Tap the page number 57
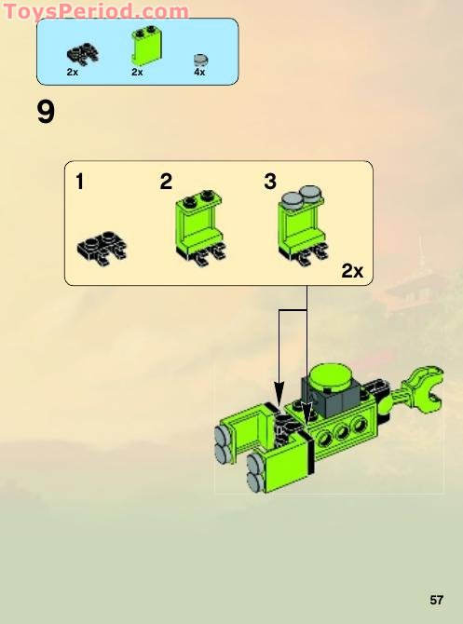(x=438, y=599)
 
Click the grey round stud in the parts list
(x=200, y=58)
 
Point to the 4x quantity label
(x=199, y=72)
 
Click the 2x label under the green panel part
(x=138, y=72)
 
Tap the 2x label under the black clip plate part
(x=73, y=72)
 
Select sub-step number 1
(x=80, y=183)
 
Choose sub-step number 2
(x=166, y=183)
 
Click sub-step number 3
(x=270, y=183)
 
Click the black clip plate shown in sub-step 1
(x=102, y=246)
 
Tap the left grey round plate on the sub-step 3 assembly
(x=291, y=198)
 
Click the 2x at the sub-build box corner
(x=352, y=271)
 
